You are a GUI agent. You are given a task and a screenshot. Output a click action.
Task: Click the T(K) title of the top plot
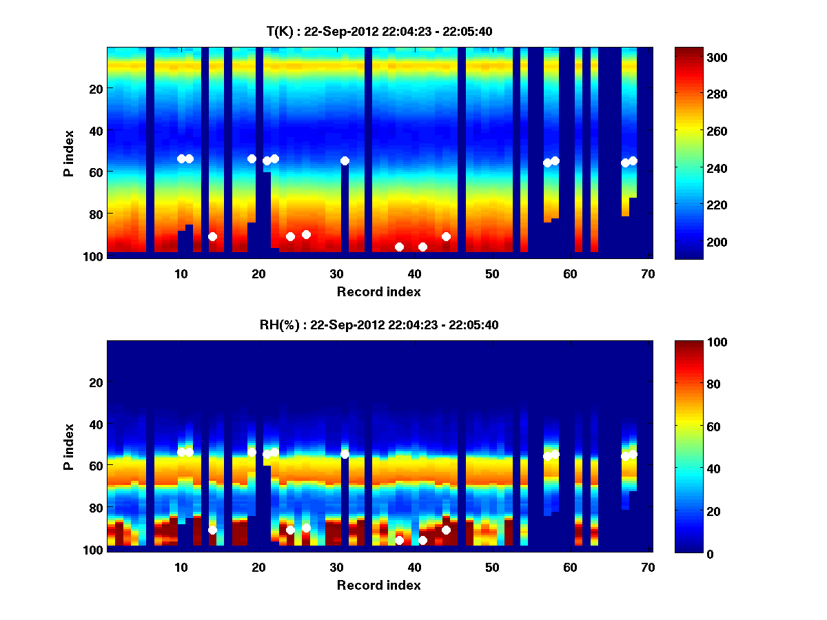click(x=379, y=31)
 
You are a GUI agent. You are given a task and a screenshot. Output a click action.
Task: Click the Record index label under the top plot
click(x=378, y=291)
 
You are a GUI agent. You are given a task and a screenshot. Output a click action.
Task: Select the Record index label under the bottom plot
click(x=378, y=585)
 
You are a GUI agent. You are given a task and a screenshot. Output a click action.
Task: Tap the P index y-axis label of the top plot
click(x=69, y=152)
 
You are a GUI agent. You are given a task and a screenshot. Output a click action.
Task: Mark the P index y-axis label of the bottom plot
click(x=69, y=446)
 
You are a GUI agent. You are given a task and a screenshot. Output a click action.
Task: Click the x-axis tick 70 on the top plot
click(x=647, y=273)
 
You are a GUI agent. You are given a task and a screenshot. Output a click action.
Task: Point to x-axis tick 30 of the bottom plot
click(x=336, y=566)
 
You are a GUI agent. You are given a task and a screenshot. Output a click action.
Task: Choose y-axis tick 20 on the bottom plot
click(x=96, y=382)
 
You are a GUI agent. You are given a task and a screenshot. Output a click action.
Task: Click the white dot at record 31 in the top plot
click(x=345, y=161)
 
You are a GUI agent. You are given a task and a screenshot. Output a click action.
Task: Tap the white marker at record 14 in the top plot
click(x=212, y=236)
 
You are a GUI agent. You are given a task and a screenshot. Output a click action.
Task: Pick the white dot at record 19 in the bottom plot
click(x=252, y=452)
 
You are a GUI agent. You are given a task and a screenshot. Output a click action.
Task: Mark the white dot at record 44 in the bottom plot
click(x=446, y=530)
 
